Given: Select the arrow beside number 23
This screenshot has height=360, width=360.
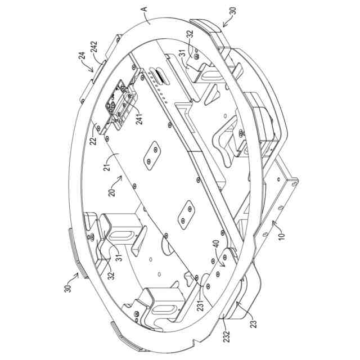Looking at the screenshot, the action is point(238,306).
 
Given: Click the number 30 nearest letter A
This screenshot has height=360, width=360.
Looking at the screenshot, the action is point(232,10).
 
